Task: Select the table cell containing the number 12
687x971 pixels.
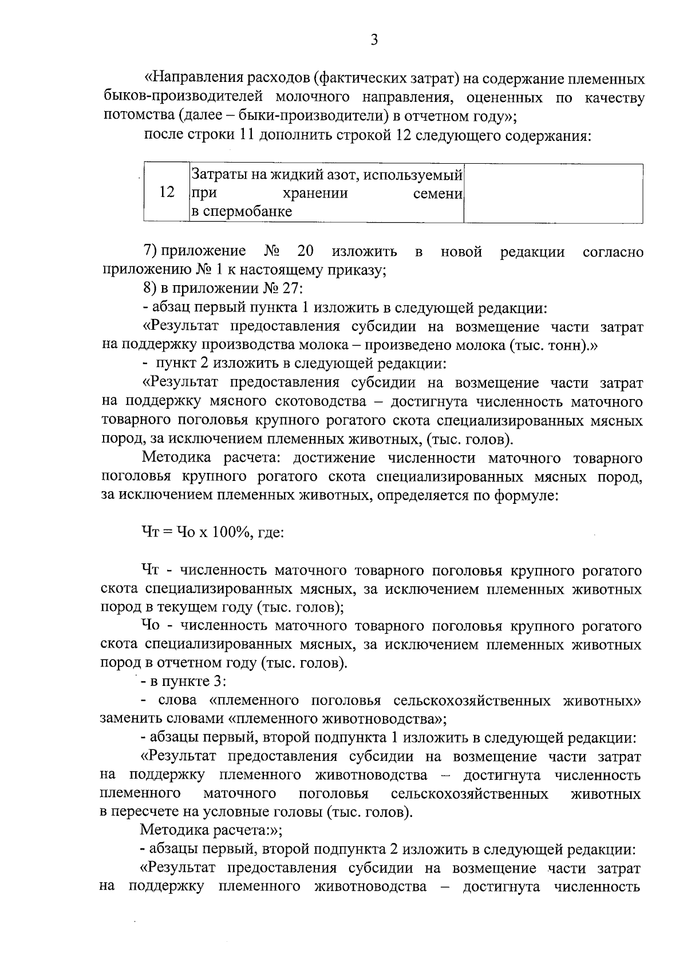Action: [167, 192]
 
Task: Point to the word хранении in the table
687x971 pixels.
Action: [315, 192]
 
